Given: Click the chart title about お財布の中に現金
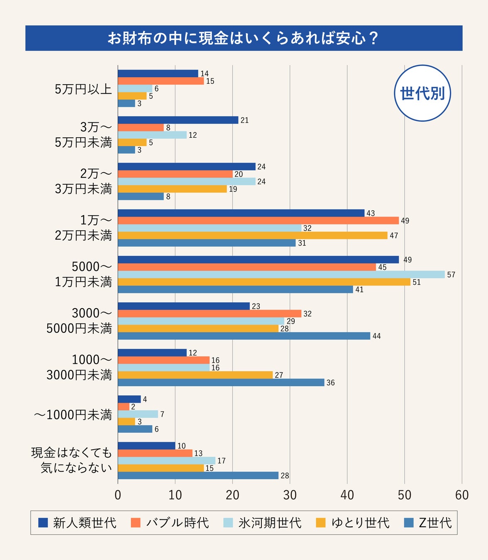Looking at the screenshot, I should coord(244,38).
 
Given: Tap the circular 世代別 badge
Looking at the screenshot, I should coord(422,93).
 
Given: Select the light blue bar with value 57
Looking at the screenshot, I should coord(281,275).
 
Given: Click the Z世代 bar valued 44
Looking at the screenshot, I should coord(244,336).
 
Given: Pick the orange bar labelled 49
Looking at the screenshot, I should coord(258,221).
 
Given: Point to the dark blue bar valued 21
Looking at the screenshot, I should coord(178,120).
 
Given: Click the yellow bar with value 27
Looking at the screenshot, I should coord(195,375).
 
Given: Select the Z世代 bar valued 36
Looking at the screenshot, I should coord(221,382).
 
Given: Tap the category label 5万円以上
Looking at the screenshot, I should coord(83,89).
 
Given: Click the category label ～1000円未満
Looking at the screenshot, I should coord(73,414).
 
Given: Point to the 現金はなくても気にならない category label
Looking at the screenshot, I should coord(72,460).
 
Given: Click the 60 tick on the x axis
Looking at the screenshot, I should coord(461,495).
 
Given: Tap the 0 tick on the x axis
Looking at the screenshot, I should coord(118,495).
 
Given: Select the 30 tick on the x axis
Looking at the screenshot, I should coord(290,495).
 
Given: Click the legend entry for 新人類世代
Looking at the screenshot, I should coord(77,523).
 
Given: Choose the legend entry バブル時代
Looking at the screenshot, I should coord(170,523).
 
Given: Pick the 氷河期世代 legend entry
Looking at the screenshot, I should coord(263,523).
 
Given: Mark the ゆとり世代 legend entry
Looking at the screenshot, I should coord(353,523).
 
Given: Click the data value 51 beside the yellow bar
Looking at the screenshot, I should coord(417,282).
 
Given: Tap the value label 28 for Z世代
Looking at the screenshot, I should coord(285,476).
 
